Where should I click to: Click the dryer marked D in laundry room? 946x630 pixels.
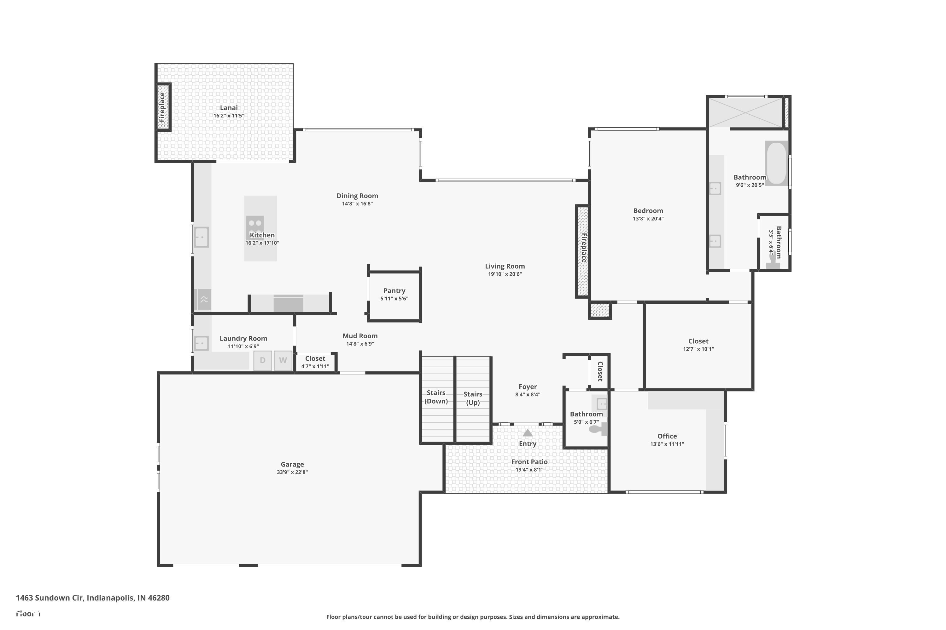(x=263, y=360)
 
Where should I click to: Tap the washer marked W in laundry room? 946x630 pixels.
(x=283, y=360)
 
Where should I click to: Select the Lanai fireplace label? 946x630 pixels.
(x=162, y=107)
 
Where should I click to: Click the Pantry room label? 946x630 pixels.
(x=394, y=290)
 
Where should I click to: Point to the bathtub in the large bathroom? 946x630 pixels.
(x=776, y=163)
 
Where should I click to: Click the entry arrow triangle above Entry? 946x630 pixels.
(x=528, y=433)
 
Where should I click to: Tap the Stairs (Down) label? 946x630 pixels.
(x=436, y=397)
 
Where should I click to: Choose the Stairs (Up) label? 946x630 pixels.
(x=473, y=398)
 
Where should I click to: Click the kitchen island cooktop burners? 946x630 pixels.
(x=255, y=223)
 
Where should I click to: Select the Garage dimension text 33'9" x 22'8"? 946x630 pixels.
(x=292, y=472)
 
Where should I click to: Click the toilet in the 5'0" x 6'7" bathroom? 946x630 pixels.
(x=597, y=429)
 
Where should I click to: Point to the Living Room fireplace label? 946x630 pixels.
(x=584, y=248)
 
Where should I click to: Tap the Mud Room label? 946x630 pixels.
(x=360, y=336)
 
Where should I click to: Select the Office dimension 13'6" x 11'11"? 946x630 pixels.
(x=667, y=444)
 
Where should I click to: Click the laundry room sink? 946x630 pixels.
(x=201, y=343)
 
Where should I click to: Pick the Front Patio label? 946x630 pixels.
(x=529, y=462)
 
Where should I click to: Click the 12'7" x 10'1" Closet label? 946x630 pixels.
(x=698, y=341)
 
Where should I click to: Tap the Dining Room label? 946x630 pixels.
(x=357, y=196)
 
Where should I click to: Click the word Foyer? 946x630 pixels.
(x=528, y=387)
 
